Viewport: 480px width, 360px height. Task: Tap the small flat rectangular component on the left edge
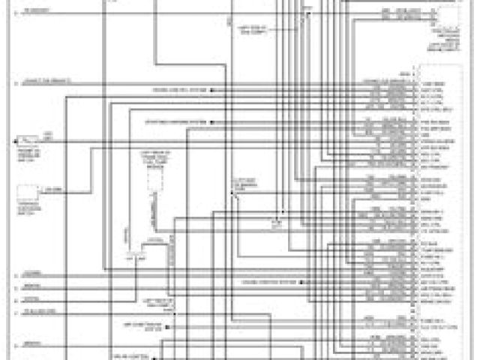click(x=28, y=140)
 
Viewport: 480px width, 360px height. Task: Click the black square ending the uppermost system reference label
click(x=213, y=89)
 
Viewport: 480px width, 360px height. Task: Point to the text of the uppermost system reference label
click(x=181, y=89)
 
